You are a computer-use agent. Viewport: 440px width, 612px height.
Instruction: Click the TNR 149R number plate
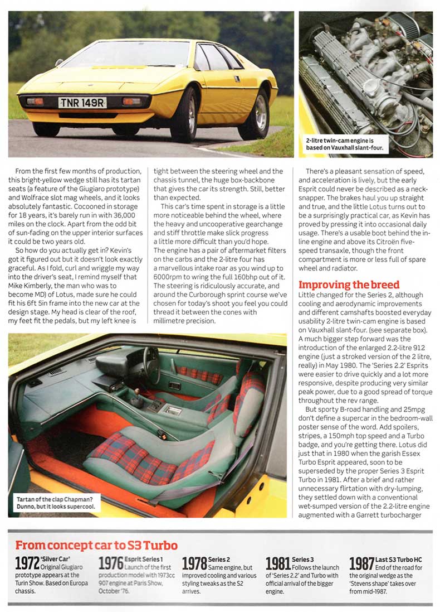coord(82,103)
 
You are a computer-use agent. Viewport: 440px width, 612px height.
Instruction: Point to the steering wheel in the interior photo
coord(150,365)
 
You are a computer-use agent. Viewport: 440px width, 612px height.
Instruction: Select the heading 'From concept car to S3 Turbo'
coord(96,545)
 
